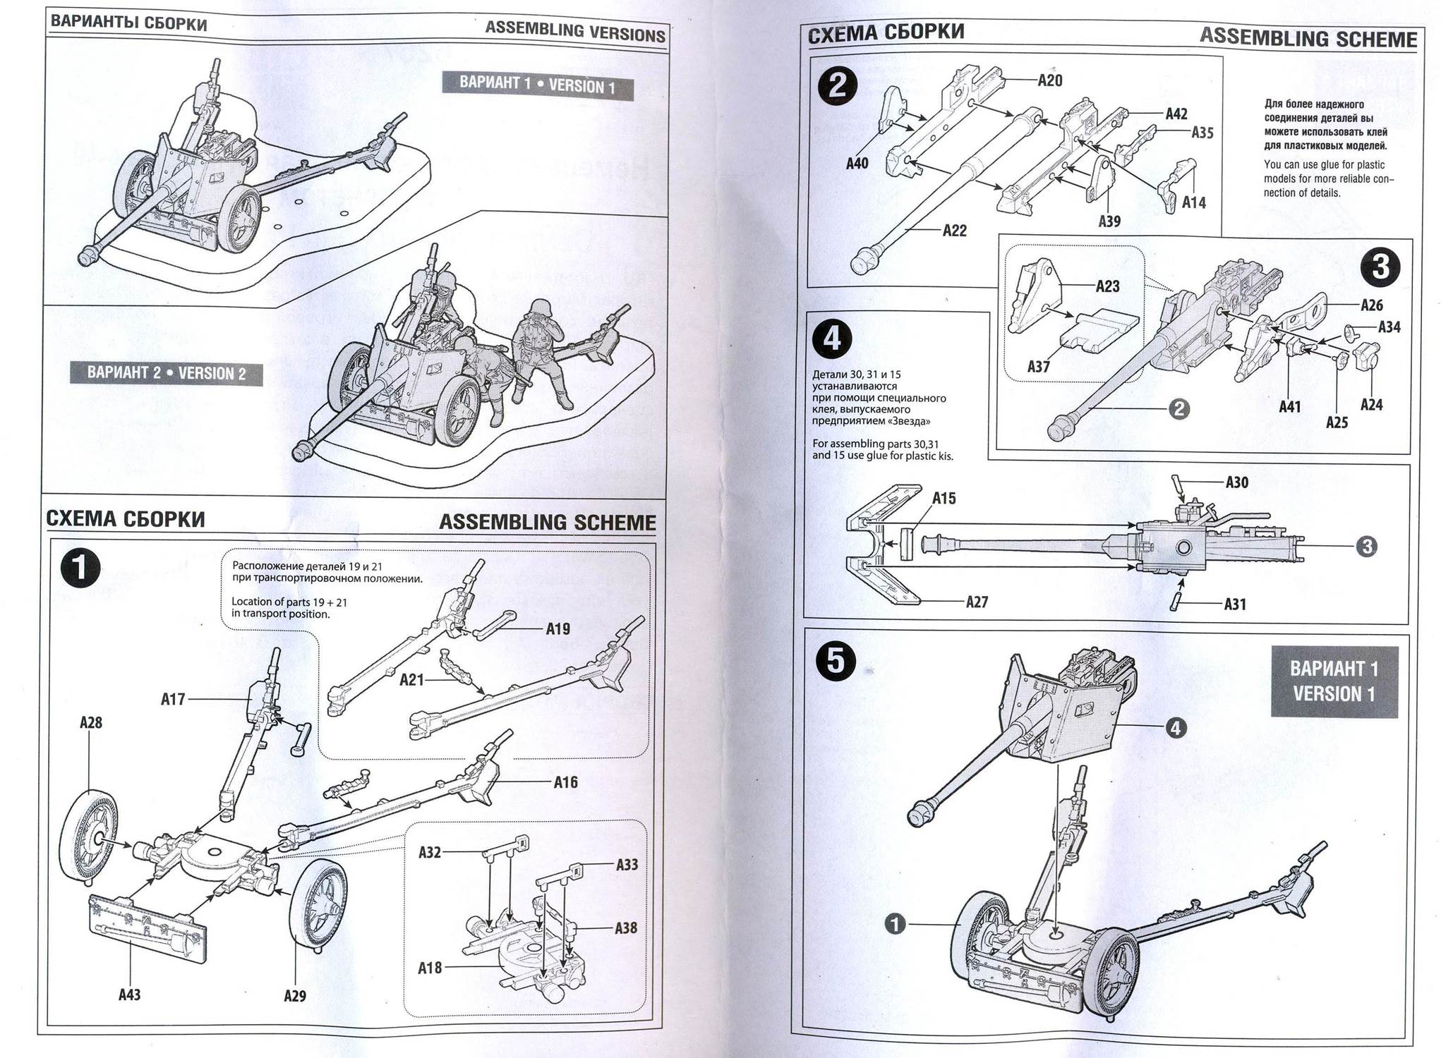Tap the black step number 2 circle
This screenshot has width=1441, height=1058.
837,85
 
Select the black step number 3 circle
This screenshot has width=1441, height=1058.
1380,267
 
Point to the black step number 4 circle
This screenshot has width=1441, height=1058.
831,339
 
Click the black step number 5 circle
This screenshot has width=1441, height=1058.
836,662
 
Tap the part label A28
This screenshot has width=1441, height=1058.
90,722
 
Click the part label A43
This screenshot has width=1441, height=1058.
129,995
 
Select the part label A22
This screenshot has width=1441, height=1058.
954,231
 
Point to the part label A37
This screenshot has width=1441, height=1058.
1038,366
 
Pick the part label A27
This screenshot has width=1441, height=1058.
977,602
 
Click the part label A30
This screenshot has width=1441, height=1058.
1236,482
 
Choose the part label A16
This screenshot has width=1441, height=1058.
565,782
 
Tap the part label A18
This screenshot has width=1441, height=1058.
430,968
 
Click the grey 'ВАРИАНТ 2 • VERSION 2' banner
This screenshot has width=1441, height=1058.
167,373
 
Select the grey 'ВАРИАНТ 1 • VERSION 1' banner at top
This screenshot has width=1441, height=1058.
537,85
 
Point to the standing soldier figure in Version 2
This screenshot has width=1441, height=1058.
542,351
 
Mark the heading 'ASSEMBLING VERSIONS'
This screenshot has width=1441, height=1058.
575,32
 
